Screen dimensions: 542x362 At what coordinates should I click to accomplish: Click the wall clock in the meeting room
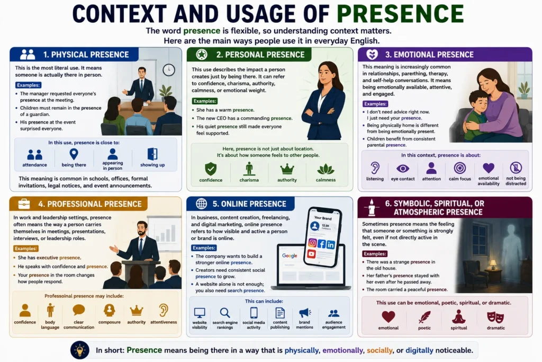coord(169,70)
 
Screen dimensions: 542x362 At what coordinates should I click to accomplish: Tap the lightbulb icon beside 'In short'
coord(80,350)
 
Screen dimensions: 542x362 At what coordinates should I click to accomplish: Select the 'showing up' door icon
coord(152,154)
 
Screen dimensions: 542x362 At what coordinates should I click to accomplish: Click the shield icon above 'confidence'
coord(211,169)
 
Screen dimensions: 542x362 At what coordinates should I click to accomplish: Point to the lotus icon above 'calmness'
coord(326,169)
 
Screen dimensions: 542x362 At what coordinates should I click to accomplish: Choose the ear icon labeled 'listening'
coord(375,168)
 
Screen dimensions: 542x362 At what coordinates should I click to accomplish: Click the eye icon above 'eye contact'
coord(403,169)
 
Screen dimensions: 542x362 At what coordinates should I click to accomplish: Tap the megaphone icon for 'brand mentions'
coord(305,313)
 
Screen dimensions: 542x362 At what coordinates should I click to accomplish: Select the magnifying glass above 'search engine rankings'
coord(225,313)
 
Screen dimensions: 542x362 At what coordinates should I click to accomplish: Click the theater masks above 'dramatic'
coord(495,317)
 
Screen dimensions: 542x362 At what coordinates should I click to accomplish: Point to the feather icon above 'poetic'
coord(424,317)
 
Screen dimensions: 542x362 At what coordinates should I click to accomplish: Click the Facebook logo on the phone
coord(321,244)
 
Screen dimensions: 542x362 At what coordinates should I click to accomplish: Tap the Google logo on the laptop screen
coord(290,256)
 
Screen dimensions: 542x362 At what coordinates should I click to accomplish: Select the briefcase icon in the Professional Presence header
coord(24,204)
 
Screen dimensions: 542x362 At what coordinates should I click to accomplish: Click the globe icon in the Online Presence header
coord(202,204)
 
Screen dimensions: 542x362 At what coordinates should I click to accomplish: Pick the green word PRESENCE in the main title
coord(400,14)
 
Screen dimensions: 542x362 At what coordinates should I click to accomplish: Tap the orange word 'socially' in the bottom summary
coord(380,350)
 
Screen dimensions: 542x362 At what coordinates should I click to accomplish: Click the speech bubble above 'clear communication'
coord(79,310)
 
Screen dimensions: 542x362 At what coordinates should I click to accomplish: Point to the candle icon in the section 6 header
coord(372,207)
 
